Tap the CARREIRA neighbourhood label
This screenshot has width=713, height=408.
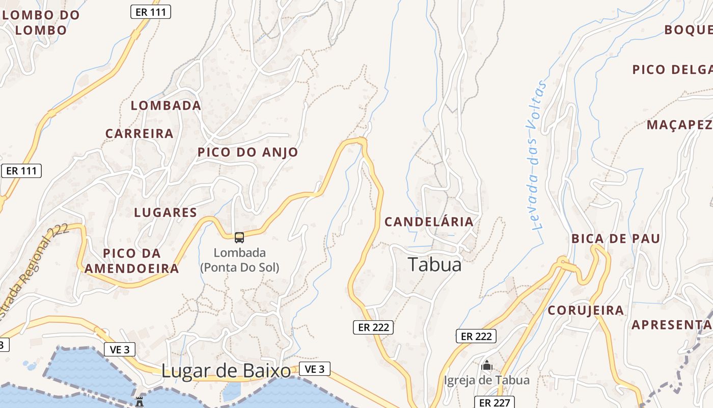click(140, 134)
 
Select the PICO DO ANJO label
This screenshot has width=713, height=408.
click(248, 152)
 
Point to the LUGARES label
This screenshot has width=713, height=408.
click(166, 213)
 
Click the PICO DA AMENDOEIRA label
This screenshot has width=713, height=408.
click(132, 261)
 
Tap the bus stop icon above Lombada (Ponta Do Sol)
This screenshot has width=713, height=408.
click(239, 238)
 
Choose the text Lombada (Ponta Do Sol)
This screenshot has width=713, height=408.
click(239, 260)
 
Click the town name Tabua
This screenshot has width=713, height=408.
click(434, 264)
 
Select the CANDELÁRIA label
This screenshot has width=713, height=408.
click(429, 222)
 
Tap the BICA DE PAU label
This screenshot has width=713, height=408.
click(616, 239)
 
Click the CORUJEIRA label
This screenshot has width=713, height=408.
click(586, 310)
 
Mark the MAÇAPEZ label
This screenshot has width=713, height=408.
click(679, 125)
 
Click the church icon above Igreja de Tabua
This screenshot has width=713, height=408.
click(487, 366)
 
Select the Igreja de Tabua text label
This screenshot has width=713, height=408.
click(487, 380)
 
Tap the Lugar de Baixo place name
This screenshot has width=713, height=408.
click(226, 371)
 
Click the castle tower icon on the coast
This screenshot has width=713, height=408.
click(140, 401)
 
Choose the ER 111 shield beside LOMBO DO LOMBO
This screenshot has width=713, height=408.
click(151, 12)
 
